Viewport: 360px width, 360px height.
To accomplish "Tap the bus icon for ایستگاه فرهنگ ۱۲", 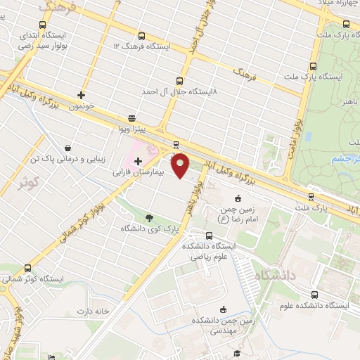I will pyautogui.click(x=142, y=36).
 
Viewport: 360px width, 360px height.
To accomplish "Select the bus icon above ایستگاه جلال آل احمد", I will pyautogui.click(x=179, y=81).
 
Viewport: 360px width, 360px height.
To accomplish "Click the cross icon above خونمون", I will pyautogui.click(x=82, y=95).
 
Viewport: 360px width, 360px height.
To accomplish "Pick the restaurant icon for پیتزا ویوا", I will pyautogui.click(x=131, y=119).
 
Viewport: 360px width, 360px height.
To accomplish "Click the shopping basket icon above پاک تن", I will pyautogui.click(x=67, y=148).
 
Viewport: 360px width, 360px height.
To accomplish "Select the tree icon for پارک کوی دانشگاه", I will pyautogui.click(x=150, y=217).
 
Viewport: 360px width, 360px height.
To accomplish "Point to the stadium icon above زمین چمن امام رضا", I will pyautogui.click(x=238, y=199).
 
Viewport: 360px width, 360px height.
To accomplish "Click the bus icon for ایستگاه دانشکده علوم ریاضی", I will pyautogui.click(x=209, y=236).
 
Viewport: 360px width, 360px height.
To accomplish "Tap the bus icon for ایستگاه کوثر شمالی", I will pyautogui.click(x=27, y=268).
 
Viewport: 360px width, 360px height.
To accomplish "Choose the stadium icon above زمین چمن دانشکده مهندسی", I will pyautogui.click(x=224, y=309).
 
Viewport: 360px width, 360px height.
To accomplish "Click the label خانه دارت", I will pyautogui.click(x=95, y=311).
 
